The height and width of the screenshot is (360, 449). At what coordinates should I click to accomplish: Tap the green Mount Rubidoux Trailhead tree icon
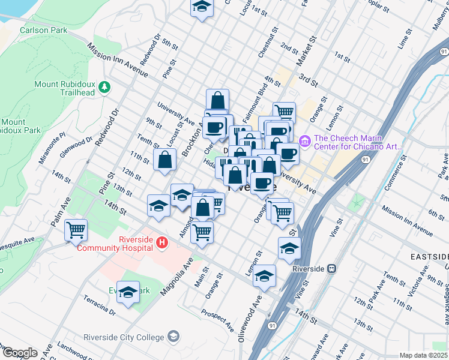point(105,88)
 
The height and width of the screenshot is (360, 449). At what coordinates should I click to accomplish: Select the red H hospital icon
point(161,243)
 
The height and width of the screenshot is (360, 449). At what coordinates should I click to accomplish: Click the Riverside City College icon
point(174,336)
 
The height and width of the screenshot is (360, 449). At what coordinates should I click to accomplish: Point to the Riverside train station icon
point(331,269)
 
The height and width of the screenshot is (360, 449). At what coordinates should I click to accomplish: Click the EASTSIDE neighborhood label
point(429,256)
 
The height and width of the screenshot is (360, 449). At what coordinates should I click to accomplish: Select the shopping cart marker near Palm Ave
point(76,230)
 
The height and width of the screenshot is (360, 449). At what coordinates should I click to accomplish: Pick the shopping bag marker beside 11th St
point(164,160)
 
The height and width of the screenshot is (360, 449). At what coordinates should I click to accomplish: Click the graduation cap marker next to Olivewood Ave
point(264,276)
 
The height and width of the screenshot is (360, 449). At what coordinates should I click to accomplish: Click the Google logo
point(20,353)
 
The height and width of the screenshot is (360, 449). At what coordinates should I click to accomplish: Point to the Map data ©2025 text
point(423,355)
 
